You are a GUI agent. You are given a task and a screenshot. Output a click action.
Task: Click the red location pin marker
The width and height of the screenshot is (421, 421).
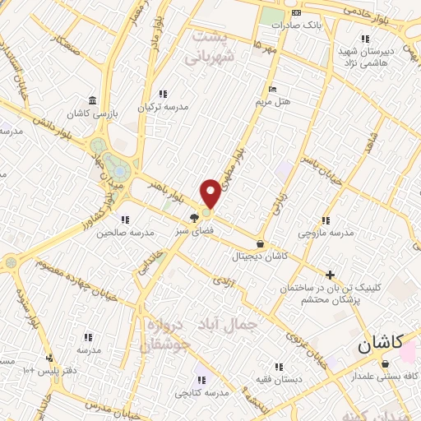pos(210,194)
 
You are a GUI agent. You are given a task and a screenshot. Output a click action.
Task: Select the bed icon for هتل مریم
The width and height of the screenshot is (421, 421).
pos(272,90)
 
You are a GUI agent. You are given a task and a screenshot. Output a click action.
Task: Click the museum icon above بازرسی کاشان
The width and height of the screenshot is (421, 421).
pos(93,99)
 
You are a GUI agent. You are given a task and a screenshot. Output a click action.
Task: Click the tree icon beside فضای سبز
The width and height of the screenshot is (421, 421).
pos(193,219)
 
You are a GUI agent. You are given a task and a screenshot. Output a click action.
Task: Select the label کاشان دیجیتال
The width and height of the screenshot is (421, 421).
pos(261,256)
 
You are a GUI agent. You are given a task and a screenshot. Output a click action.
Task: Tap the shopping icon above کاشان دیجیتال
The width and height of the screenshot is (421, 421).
pos(261,243)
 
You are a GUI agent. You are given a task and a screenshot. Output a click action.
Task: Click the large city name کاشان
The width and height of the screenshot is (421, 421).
pos(380,346)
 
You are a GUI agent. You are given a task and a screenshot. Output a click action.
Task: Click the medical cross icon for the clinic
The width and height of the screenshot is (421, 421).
pos(331,275)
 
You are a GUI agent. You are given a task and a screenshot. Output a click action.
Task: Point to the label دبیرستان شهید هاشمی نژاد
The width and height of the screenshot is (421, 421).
pos(368,57)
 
